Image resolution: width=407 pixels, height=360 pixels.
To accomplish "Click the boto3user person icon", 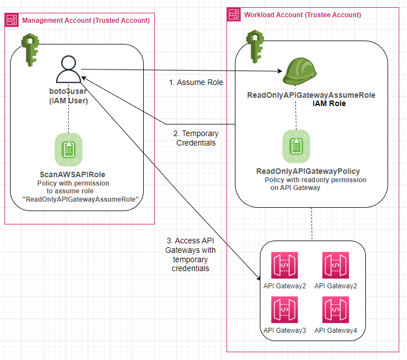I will tap(68, 71).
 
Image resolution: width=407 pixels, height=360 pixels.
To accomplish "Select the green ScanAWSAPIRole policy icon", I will tap(68, 149).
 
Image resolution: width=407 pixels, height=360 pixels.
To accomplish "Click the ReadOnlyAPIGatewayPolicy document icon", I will tap(296, 146).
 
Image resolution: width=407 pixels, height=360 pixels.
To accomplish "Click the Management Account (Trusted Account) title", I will tap(86, 21).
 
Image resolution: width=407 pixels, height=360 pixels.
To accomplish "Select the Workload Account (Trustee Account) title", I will tap(302, 14).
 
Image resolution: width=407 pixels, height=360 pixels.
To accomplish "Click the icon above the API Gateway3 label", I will tap(284, 309).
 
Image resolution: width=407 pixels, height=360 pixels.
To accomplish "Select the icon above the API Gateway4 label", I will tap(335, 309).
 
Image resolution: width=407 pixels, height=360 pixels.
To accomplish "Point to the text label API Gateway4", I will tap(335, 331).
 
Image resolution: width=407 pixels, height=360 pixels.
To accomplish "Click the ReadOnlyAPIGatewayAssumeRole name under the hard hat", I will tap(311, 95).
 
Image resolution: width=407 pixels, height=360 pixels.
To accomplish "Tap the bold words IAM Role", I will tap(329, 103).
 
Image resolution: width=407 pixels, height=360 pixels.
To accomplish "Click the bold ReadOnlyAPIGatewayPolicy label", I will tap(308, 171).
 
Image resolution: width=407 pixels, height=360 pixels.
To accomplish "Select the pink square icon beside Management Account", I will tap(11, 21).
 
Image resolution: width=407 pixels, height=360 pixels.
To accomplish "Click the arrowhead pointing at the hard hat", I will tap(281, 71).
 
